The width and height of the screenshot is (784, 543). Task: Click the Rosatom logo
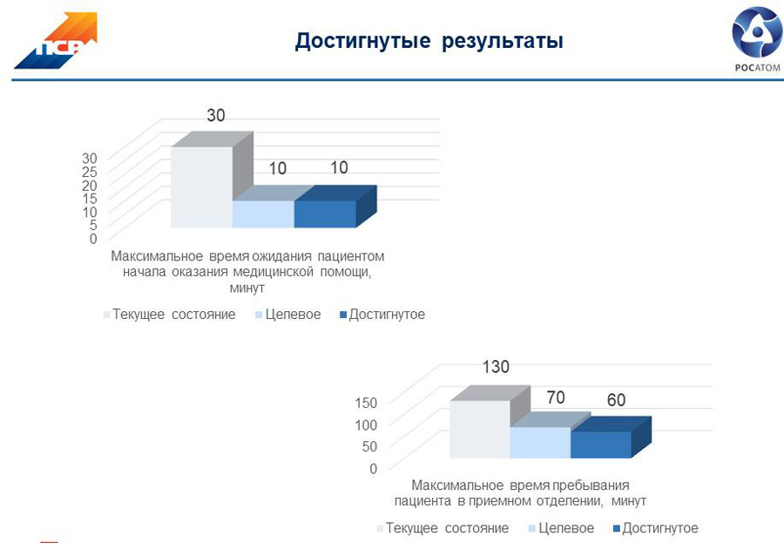point(757,40)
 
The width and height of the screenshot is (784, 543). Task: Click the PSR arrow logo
point(56,41)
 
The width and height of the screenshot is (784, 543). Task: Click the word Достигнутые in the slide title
point(362,41)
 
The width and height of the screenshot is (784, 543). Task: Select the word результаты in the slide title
point(503,42)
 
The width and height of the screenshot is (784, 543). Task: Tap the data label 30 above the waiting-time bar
point(216,115)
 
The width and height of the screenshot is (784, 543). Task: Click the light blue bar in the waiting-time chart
point(263,214)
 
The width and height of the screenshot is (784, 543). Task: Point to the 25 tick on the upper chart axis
point(90,172)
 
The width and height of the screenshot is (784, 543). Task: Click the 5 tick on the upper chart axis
point(93,225)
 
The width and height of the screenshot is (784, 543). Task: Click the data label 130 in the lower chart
point(496,367)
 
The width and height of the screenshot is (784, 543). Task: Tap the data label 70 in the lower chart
point(556,397)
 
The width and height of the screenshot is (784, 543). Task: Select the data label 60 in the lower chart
point(616,400)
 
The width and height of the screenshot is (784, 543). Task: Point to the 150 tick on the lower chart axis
point(366,403)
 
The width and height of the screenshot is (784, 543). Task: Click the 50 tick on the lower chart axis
point(369,446)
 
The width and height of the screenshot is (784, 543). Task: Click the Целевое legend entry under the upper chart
point(288,315)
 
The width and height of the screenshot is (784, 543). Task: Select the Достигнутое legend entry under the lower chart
point(655,528)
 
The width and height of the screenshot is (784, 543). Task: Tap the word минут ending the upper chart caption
point(247,288)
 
